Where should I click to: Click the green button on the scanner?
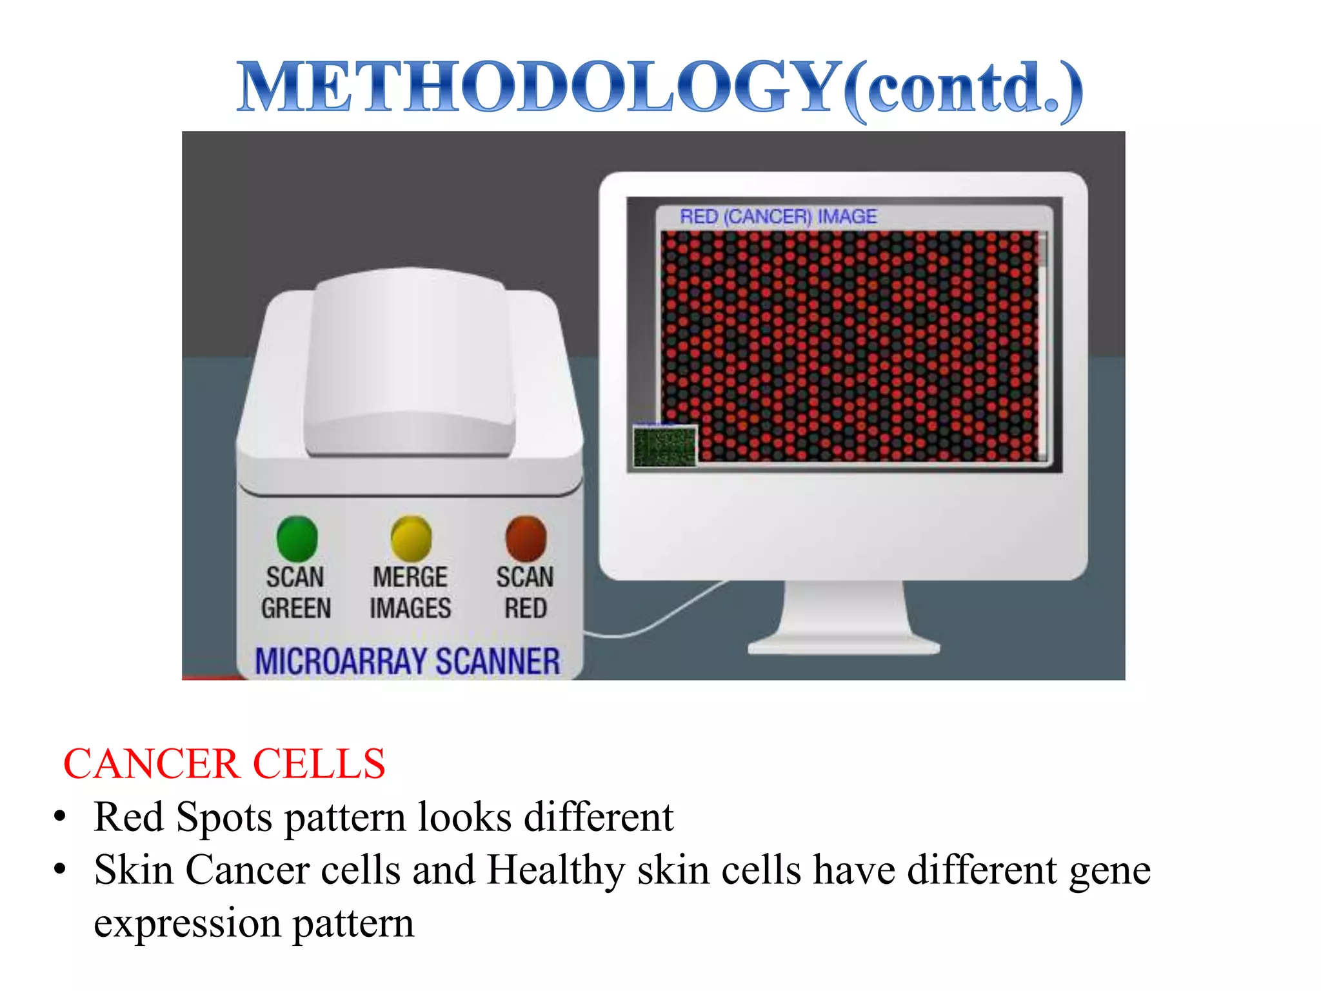point(297,539)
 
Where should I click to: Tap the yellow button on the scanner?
point(411,539)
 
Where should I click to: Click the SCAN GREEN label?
point(296,592)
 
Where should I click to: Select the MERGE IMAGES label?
point(410,592)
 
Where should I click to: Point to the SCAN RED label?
point(525,592)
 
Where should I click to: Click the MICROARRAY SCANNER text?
point(408,661)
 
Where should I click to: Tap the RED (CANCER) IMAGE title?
point(779,217)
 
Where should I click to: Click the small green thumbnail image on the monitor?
point(665,446)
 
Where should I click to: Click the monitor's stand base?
point(844,645)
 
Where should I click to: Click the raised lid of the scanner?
point(410,361)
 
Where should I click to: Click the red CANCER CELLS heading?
point(224,764)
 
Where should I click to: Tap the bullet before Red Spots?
point(60,817)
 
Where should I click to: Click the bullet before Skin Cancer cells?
point(60,870)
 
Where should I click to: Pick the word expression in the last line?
point(187,923)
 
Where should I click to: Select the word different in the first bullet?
point(599,817)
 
